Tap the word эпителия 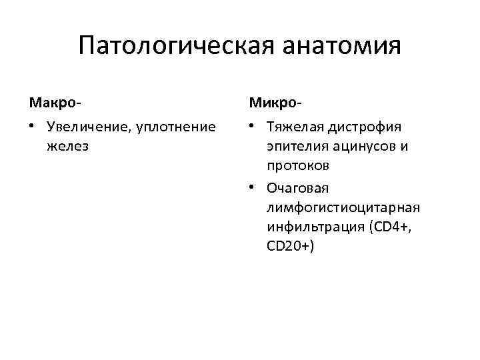295,145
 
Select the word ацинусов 360,145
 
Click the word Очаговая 297,189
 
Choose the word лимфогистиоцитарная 343,207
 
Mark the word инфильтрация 313,226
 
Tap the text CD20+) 291,245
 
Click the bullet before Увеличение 31,127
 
